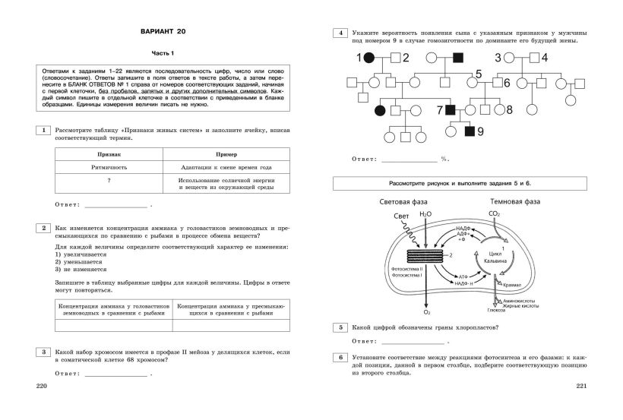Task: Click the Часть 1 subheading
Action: tap(162, 53)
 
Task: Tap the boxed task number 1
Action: tap(44, 131)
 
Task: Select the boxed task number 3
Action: tap(44, 352)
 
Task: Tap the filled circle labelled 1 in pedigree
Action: tap(368, 58)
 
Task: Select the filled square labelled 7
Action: tap(450, 111)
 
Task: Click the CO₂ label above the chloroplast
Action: tap(495, 215)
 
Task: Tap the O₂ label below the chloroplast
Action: tap(426, 312)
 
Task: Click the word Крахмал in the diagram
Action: tap(513, 285)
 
